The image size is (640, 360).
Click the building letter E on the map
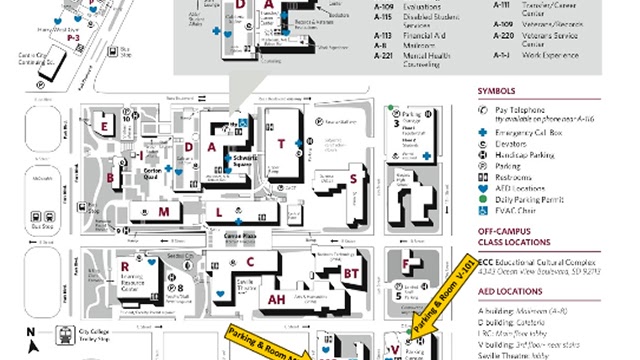[x=105, y=126]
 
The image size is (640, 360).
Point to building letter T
[x=282, y=144]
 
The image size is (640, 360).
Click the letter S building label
[x=353, y=179]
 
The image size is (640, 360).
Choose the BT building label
[x=350, y=272]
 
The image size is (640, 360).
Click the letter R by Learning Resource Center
[x=124, y=266]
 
